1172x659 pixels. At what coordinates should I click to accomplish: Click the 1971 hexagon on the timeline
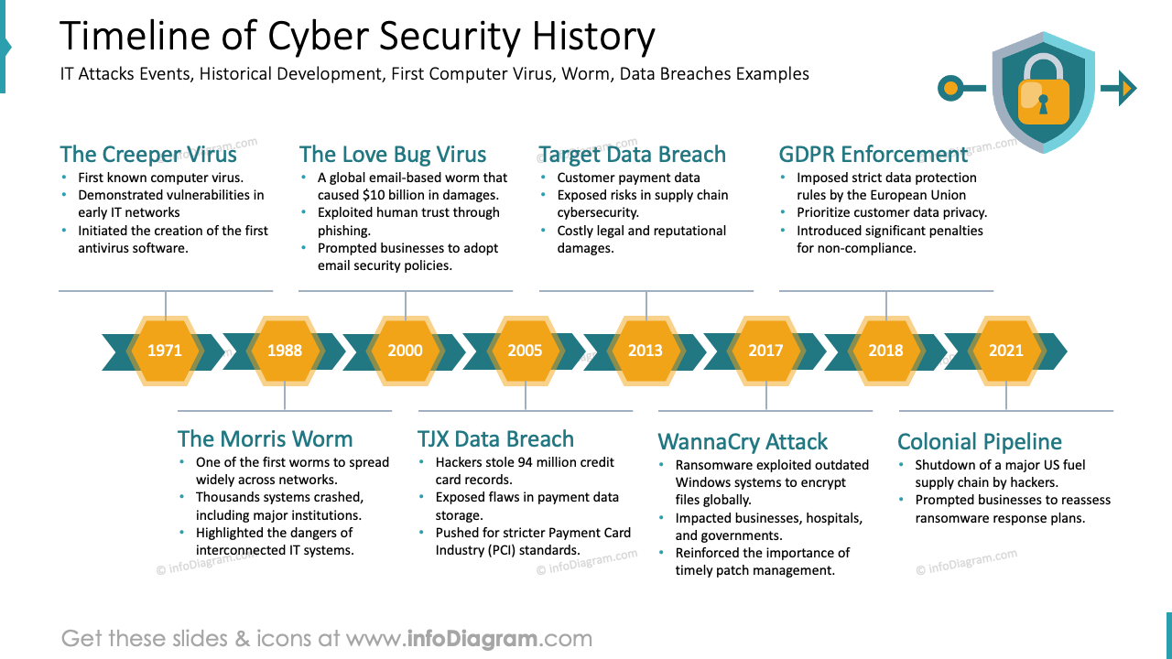[x=165, y=351]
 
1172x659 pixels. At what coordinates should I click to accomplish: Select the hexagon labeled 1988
[x=285, y=351]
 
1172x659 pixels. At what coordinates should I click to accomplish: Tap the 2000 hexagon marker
[x=405, y=351]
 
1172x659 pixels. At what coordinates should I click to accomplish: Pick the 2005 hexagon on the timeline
[x=525, y=351]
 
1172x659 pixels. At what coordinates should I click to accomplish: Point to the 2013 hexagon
[x=646, y=351]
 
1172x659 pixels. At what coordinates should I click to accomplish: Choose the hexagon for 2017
[x=765, y=351]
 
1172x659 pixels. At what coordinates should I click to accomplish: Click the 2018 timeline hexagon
[x=885, y=351]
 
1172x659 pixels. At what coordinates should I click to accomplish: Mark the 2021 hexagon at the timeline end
[x=1005, y=351]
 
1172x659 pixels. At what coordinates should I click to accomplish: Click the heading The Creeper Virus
[x=148, y=154]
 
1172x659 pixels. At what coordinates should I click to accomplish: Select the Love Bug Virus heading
[x=393, y=154]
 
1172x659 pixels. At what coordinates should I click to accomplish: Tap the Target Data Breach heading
[x=632, y=154]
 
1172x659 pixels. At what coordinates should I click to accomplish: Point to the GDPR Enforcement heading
[x=873, y=154]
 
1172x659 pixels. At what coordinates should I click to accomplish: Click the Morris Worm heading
[x=265, y=438]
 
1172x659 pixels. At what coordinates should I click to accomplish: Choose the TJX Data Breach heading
[x=495, y=438]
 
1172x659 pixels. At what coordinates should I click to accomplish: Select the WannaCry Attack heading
[x=743, y=441]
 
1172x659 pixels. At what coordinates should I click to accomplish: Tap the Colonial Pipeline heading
[x=979, y=441]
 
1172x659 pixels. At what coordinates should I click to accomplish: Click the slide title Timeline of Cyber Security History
[x=357, y=37]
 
